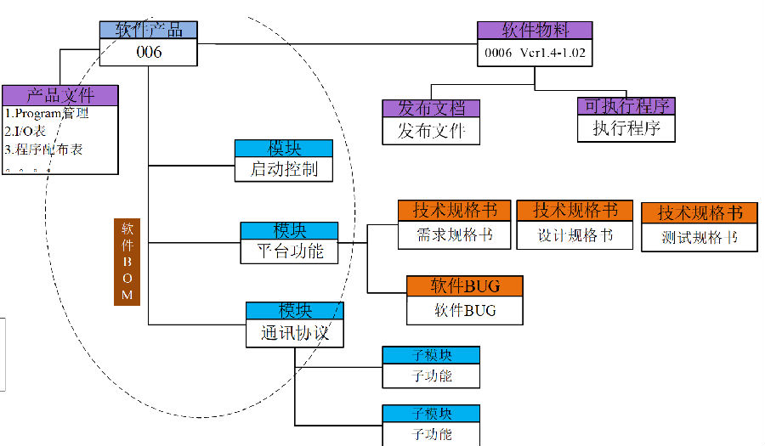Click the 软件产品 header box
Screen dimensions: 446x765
[149, 30]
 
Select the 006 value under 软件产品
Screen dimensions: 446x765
[149, 52]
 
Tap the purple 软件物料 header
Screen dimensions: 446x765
[535, 31]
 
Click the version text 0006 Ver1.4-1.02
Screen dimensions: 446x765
[535, 53]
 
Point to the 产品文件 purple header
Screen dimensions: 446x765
[59, 94]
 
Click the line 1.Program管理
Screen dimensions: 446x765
[48, 113]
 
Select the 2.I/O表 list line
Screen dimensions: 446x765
[26, 131]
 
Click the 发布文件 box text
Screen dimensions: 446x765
[432, 131]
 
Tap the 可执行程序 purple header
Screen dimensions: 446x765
[626, 106]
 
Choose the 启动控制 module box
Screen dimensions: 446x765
[284, 169]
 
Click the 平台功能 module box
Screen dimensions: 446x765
[290, 251]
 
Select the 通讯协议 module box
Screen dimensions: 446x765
[294, 333]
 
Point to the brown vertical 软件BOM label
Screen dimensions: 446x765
[127, 262]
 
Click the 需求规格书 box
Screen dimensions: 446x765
[455, 235]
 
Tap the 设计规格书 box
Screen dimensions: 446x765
[575, 235]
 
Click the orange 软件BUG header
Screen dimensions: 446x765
[464, 285]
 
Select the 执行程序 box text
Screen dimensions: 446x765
[626, 128]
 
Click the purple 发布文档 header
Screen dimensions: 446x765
[432, 109]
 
